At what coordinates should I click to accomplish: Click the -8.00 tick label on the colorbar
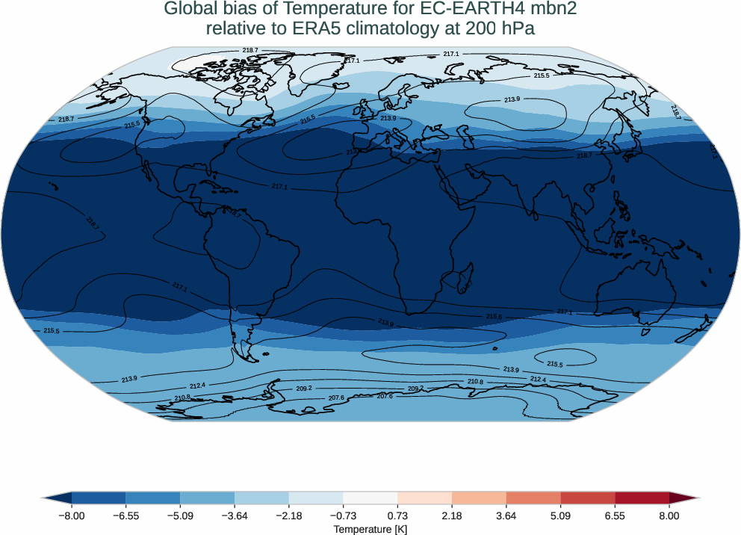click(x=72, y=516)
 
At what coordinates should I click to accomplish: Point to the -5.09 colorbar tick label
click(x=180, y=516)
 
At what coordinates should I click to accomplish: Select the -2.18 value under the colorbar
click(x=288, y=516)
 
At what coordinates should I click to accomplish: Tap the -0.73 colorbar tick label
click(x=343, y=516)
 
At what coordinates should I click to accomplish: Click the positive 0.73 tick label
click(x=397, y=516)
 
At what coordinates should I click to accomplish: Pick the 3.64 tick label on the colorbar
click(x=506, y=516)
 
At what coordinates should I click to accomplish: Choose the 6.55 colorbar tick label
click(x=615, y=516)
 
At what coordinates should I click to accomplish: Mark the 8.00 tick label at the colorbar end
click(x=669, y=516)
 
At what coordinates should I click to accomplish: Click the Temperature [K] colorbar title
click(x=370, y=529)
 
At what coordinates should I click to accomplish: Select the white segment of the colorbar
click(x=370, y=498)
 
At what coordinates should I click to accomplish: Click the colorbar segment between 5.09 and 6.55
click(x=587, y=498)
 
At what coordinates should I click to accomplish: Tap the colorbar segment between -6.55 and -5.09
click(x=152, y=498)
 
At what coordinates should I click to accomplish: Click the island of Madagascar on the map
click(x=465, y=278)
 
